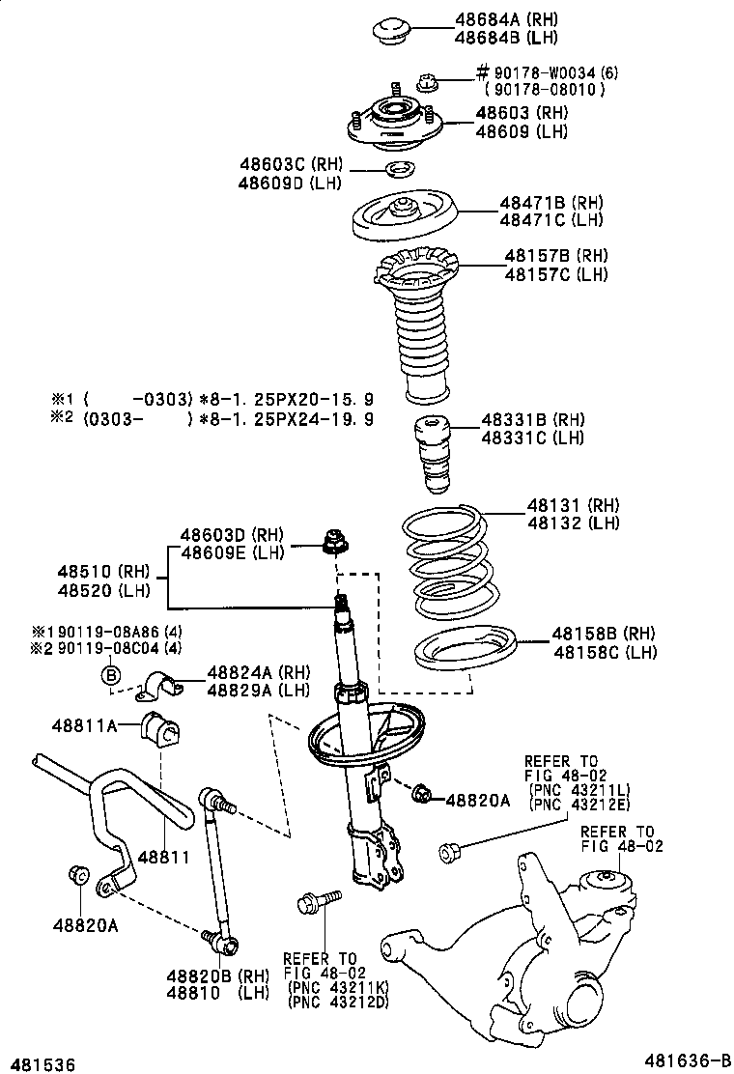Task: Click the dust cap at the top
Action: (x=395, y=28)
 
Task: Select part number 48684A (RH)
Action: (x=507, y=19)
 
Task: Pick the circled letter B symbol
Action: (x=111, y=674)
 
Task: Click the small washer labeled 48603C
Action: (x=398, y=172)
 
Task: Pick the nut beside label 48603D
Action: (x=334, y=545)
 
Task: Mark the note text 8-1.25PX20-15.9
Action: (x=287, y=399)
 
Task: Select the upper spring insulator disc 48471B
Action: (x=403, y=221)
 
